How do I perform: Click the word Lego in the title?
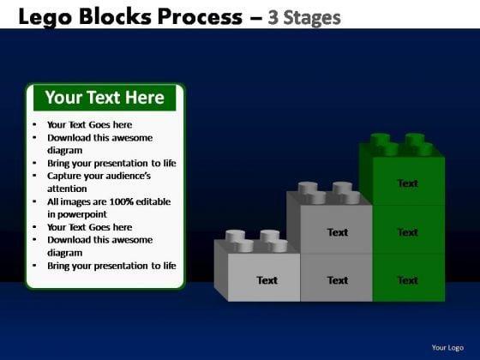[45, 17]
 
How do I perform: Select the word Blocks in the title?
[115, 16]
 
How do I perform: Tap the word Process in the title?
[201, 16]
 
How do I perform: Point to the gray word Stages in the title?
[312, 18]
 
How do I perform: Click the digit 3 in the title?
[273, 17]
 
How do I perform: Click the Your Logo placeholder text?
[447, 348]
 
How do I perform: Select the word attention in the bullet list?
[67, 189]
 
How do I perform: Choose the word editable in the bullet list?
[153, 201]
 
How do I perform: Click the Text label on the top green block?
[408, 183]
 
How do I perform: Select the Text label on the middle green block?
[408, 232]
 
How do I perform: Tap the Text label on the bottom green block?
[408, 280]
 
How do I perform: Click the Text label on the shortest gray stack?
[267, 280]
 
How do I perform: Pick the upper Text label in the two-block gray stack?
[338, 232]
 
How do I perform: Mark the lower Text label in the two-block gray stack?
[338, 280]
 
